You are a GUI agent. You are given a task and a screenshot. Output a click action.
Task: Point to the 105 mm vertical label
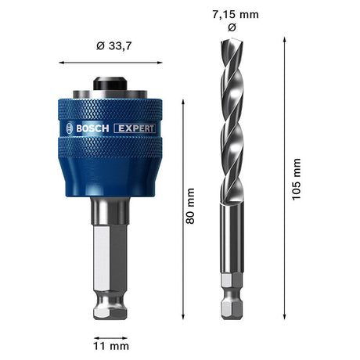pos(296,179)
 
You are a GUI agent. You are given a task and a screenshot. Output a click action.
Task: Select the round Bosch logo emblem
pos(68,128)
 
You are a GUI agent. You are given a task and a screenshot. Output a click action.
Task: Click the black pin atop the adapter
pos(111,82)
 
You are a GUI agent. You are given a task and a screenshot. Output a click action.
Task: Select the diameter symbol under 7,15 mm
pos(229,27)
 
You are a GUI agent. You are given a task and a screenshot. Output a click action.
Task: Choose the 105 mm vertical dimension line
pos(283,179)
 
